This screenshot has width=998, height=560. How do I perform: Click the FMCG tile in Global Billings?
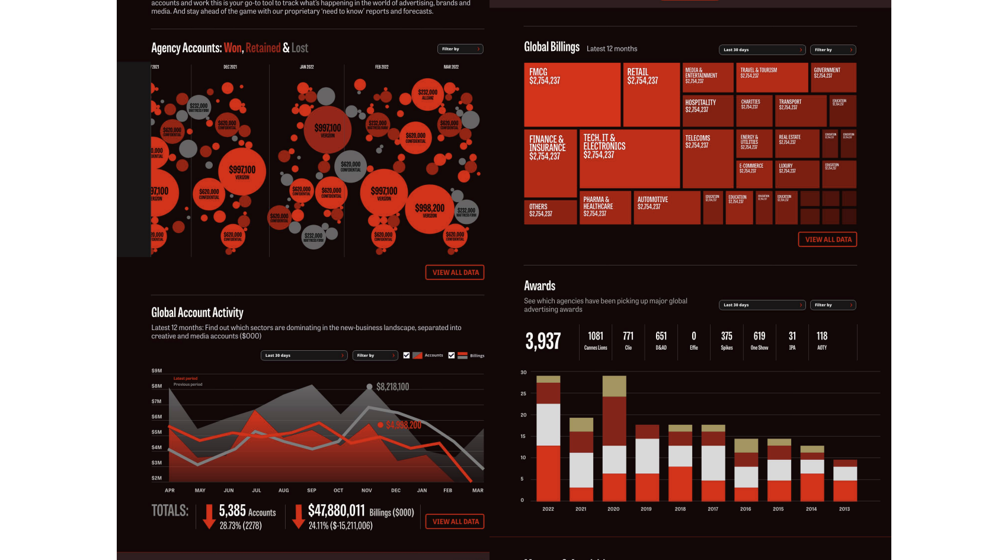coord(572,95)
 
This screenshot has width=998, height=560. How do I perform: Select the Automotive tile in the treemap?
coord(667,207)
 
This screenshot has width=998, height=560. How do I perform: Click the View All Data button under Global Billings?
coord(827,239)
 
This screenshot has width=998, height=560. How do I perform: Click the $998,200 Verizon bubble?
coord(430,209)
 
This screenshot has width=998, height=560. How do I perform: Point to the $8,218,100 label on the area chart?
coord(392,387)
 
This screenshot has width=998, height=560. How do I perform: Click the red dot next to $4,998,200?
coord(380,425)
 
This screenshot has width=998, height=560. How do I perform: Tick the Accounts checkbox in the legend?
coord(407,356)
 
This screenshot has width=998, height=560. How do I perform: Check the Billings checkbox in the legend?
coord(452,356)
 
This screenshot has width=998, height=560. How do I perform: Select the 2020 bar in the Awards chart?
coord(614,439)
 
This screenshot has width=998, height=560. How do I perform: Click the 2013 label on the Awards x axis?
coord(845,509)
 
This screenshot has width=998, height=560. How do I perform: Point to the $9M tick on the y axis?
coord(156,371)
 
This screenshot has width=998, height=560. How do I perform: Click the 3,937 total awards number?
coord(543,341)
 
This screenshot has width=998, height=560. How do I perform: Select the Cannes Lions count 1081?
coord(596,337)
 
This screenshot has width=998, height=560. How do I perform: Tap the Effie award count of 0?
coord(694,337)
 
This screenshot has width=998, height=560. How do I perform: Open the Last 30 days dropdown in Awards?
coord(762,305)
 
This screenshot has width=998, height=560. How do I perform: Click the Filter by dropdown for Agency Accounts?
coord(460,49)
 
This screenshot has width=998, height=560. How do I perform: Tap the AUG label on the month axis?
coord(284,491)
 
